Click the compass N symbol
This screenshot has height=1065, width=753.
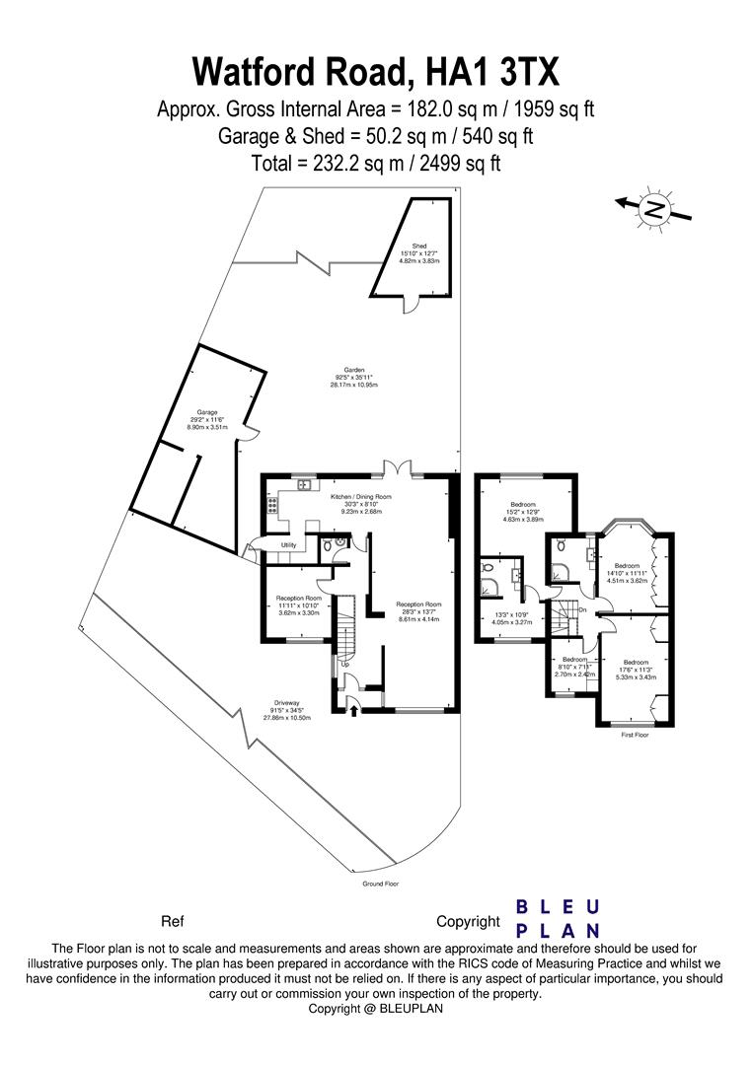[x=654, y=208]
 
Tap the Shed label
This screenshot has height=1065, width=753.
[x=418, y=246]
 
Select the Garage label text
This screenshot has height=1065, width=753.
[x=206, y=412]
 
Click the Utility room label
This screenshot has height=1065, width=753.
[x=288, y=544]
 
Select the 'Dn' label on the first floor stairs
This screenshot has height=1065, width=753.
[x=583, y=609]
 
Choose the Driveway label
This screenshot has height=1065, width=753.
[x=286, y=702]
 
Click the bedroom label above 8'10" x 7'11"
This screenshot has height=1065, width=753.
[x=574, y=659]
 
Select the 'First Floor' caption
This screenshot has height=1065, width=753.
[x=635, y=736]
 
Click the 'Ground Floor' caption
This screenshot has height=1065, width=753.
[x=381, y=885]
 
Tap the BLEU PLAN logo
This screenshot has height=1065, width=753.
[x=559, y=918]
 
